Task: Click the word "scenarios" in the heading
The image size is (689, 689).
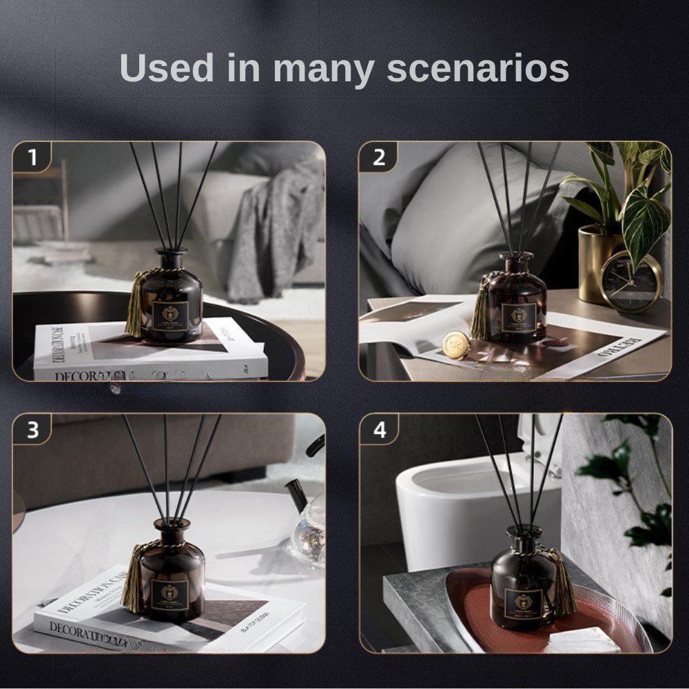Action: coord(477,69)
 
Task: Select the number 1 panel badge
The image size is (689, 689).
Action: coord(32,158)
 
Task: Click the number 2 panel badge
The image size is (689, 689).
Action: coord(378,158)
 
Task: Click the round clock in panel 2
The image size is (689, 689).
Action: coord(630,282)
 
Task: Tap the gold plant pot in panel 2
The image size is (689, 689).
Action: coord(597,262)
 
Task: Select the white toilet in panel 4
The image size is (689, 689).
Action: coord(475,496)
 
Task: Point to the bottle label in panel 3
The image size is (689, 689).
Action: coord(169,594)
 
